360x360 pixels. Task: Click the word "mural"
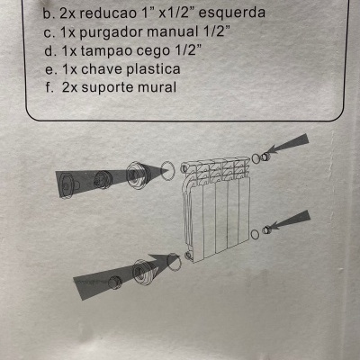click(178, 88)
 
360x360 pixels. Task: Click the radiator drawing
click(215, 207)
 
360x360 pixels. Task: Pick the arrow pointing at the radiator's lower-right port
click(291, 221)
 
